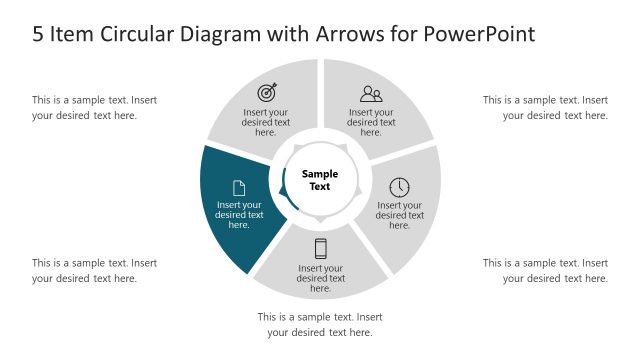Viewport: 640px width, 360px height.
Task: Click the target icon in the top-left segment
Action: [x=267, y=92]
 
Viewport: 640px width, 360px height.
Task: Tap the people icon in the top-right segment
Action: [x=371, y=94]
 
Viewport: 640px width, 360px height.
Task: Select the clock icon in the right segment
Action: [x=399, y=187]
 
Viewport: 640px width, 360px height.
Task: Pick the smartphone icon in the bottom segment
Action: [x=320, y=249]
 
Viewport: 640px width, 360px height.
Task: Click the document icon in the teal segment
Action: [x=239, y=187]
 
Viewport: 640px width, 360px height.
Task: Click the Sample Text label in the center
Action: [x=320, y=180]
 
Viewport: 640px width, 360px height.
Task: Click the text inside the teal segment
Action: [x=239, y=215]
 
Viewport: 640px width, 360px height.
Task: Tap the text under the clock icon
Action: [x=399, y=215]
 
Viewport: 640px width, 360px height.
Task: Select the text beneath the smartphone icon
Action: [x=320, y=278]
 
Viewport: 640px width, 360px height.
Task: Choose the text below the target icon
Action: [x=266, y=122]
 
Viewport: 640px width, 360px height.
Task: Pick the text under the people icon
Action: [x=371, y=122]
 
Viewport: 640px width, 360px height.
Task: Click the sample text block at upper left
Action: [x=94, y=107]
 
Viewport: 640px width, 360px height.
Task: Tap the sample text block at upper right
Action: [x=546, y=107]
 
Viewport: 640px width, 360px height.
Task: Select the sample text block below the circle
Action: [x=320, y=324]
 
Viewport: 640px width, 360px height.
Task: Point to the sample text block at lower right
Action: [x=546, y=270]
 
